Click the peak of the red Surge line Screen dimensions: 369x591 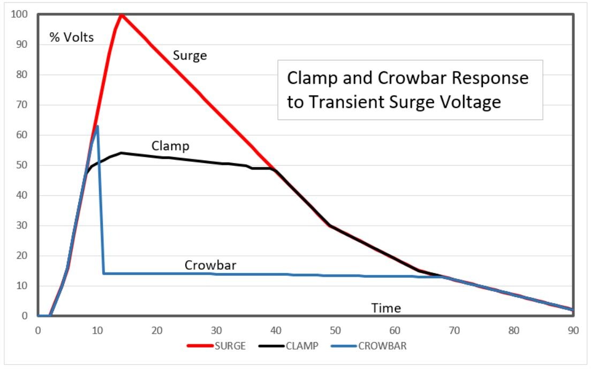[x=122, y=14]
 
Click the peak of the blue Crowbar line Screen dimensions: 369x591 [x=97, y=126]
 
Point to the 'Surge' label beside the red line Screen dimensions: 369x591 [x=190, y=55]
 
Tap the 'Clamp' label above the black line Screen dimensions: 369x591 [x=170, y=145]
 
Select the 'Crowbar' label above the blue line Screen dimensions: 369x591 [x=210, y=265]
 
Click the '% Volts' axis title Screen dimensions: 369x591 [x=72, y=38]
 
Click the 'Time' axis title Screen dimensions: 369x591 [x=386, y=308]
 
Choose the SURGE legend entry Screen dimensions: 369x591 [x=216, y=346]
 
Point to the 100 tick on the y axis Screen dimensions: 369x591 [x=20, y=14]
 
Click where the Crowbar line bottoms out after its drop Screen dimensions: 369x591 [x=104, y=274]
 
